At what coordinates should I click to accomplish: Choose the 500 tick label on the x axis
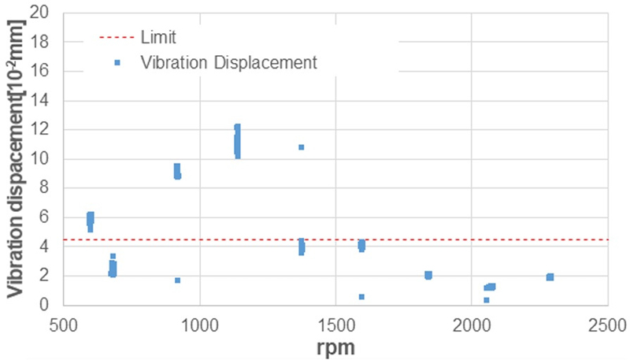pyautogui.click(x=65, y=324)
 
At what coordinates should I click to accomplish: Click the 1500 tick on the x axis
pyautogui.click(x=336, y=324)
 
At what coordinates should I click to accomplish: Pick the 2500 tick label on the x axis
pyautogui.click(x=607, y=324)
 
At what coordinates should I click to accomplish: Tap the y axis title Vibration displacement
pyautogui.click(x=16, y=158)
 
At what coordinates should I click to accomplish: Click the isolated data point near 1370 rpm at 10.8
pyautogui.click(x=301, y=147)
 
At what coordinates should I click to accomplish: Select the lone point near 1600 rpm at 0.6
pyautogui.click(x=361, y=297)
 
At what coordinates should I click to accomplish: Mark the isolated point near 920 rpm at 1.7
pyautogui.click(x=178, y=280)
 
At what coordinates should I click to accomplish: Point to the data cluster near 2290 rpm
pyautogui.click(x=550, y=277)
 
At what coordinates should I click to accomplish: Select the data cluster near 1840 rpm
pyautogui.click(x=428, y=275)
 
